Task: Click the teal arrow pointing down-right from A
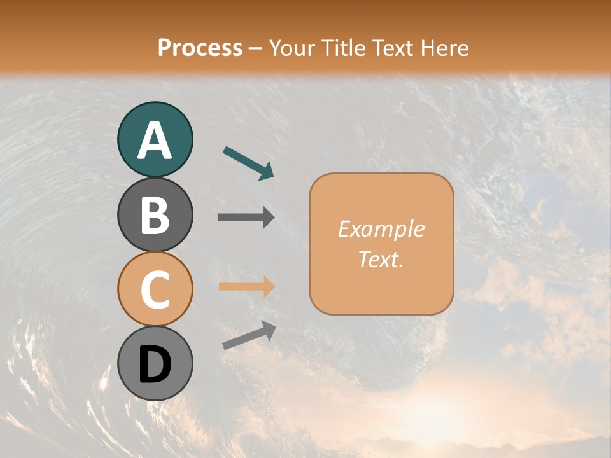click(x=249, y=163)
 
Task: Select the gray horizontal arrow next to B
click(x=246, y=218)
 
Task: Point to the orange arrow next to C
click(x=246, y=286)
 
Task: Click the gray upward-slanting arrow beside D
click(x=249, y=335)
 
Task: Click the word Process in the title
click(x=200, y=48)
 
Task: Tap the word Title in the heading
click(x=339, y=48)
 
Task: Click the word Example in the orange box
click(x=381, y=229)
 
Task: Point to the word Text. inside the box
click(x=381, y=259)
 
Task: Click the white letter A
click(x=155, y=141)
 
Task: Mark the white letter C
click(x=155, y=289)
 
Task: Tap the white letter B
click(x=155, y=215)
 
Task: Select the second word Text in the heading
click(x=391, y=48)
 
